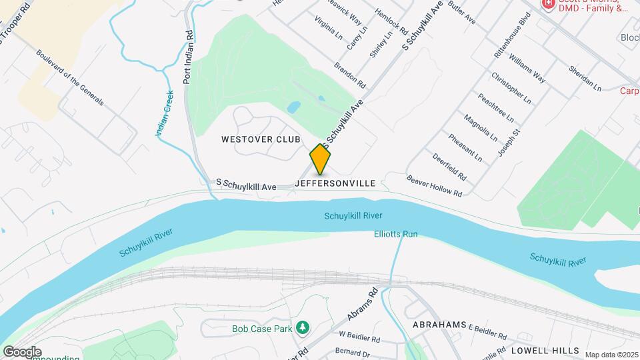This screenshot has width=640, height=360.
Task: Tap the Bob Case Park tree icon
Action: tap(303, 327)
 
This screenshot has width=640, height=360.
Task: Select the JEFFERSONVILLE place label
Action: tap(335, 182)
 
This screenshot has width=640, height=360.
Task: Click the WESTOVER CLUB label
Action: tap(261, 139)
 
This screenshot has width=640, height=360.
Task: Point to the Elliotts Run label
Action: tap(395, 234)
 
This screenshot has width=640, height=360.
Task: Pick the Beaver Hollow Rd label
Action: tap(434, 186)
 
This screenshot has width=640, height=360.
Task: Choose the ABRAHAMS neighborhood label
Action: tap(439, 325)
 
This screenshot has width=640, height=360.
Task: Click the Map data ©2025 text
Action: tap(611, 355)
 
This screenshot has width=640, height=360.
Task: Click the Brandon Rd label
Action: tap(350, 76)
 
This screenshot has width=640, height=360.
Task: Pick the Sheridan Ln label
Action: tap(585, 78)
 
